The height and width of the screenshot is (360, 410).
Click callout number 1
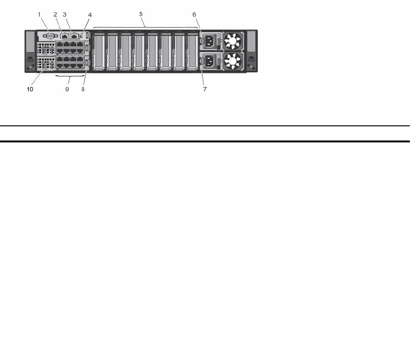pyautogui.click(x=39, y=14)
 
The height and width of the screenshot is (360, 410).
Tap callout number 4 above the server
pyautogui.click(x=90, y=15)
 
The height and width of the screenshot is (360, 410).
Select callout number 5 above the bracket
pyautogui.click(x=141, y=14)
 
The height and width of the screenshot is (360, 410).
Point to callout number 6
pyautogui.click(x=194, y=14)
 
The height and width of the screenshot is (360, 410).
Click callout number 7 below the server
pyautogui.click(x=205, y=89)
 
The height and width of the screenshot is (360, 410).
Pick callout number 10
pyautogui.click(x=30, y=89)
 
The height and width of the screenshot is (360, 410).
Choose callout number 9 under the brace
pyautogui.click(x=67, y=89)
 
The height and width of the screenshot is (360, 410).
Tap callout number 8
pyautogui.click(x=83, y=89)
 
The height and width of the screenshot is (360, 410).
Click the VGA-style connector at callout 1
pyautogui.click(x=51, y=35)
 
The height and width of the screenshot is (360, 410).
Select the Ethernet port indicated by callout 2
pyautogui.click(x=65, y=35)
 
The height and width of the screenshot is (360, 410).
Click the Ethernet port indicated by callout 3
pyautogui.click(x=75, y=35)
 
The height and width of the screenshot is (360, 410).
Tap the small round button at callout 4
pyautogui.click(x=81, y=36)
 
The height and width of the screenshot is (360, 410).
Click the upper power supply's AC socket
pyautogui.click(x=209, y=41)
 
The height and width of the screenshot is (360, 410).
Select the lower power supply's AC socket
pyautogui.click(x=209, y=61)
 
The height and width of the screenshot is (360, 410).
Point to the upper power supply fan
pyautogui.click(x=233, y=41)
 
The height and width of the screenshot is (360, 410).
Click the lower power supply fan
pyautogui.click(x=233, y=61)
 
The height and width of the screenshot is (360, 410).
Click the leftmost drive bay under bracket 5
pyautogui.click(x=99, y=51)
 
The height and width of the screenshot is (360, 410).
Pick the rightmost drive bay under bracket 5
pyautogui.click(x=192, y=51)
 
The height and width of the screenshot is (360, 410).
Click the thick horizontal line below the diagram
pyautogui.click(x=205, y=141)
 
